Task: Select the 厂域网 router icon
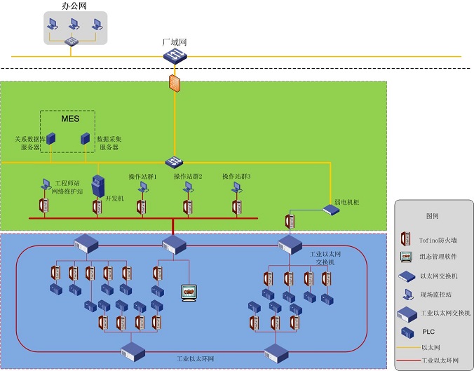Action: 174,55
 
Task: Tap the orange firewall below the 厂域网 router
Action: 174,83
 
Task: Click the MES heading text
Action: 69,119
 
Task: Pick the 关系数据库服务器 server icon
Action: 51,139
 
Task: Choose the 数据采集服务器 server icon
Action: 86,139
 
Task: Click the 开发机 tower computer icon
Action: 98,185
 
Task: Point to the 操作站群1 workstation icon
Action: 142,187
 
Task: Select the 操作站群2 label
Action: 188,176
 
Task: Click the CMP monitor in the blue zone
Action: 188,292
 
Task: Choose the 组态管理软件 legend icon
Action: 405,257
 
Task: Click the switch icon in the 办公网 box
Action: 70,42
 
